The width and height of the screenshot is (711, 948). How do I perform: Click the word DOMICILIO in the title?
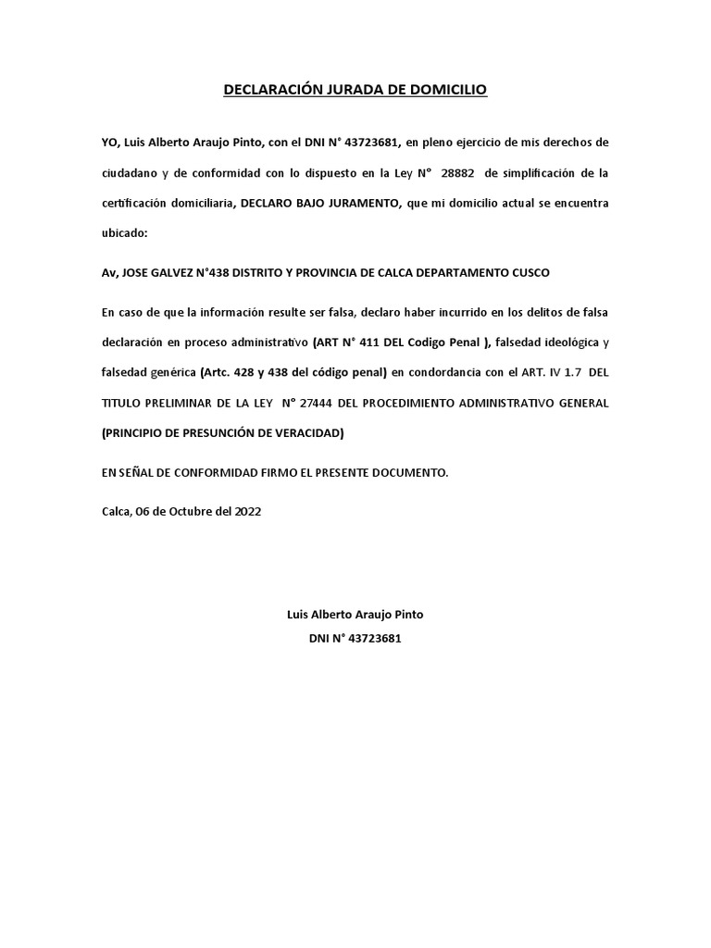(447, 90)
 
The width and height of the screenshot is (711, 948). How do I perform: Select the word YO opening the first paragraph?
(110, 142)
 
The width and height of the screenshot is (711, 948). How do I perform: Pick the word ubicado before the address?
(124, 234)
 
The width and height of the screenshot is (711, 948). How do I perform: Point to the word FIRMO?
(260, 473)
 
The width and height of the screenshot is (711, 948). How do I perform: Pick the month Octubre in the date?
(188, 510)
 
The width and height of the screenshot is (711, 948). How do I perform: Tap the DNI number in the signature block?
(373, 639)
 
